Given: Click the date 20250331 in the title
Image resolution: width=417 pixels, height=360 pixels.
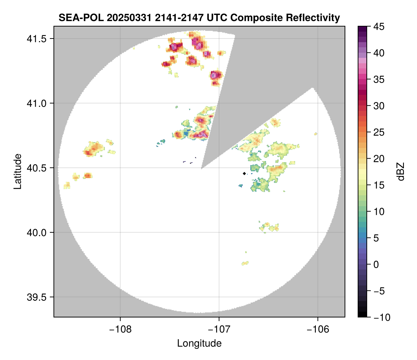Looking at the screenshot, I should tap(124, 17).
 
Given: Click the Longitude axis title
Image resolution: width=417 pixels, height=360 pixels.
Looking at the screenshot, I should tap(199, 343).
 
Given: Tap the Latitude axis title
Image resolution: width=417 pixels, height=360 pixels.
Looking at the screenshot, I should tap(17, 171).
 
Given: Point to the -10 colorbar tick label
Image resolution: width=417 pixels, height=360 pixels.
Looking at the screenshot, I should tap(380, 317).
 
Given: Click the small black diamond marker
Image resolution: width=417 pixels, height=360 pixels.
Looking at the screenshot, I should tap(244, 173).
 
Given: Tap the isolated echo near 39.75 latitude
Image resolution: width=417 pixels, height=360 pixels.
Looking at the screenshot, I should tap(245, 263).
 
